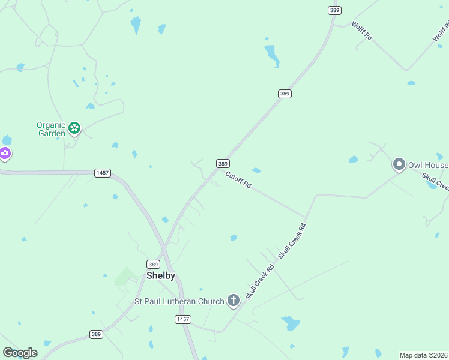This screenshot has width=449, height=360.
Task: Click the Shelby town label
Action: click(161, 275)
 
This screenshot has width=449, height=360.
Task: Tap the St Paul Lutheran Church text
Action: click(178, 301)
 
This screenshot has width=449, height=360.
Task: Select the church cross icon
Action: click(234, 300)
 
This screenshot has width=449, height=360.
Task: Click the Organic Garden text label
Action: click(51, 129)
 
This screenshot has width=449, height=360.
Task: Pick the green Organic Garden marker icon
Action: click(74, 128)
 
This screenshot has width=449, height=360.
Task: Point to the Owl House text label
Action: click(428, 165)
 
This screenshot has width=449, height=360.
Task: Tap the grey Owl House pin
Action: click(399, 164)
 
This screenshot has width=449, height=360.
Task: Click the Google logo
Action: click(20, 353)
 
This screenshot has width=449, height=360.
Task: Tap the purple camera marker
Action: click(5, 154)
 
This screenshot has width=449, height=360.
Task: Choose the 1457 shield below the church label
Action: click(184, 319)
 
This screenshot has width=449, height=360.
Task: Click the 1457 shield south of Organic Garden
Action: click(103, 173)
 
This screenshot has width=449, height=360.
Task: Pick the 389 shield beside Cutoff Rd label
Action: click(223, 163)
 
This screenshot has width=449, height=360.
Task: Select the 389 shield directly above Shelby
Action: click(153, 264)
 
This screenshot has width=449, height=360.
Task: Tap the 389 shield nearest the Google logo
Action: click(96, 334)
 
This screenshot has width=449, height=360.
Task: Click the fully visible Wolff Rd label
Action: click(363, 30)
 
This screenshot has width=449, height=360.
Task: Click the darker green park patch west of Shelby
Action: click(125, 277)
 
